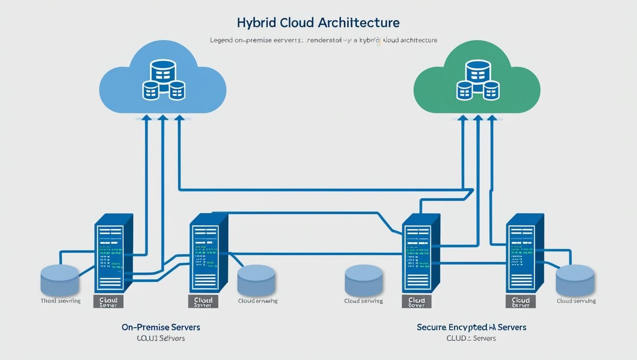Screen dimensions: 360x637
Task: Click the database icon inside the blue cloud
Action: tap(164, 80)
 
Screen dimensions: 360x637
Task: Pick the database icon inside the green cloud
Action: tap(478, 80)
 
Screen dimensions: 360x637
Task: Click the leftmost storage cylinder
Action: tap(60, 280)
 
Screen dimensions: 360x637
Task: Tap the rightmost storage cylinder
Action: tap(575, 280)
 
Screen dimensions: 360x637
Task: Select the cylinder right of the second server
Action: tap(256, 280)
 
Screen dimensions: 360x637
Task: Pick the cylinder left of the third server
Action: tap(364, 280)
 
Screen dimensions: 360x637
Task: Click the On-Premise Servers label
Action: tap(161, 327)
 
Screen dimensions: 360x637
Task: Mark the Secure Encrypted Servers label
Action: tap(471, 327)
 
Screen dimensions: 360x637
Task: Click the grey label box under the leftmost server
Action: tap(108, 301)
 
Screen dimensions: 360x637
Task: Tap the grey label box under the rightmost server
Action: tap(521, 301)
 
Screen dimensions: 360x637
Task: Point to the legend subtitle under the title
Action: tap(324, 40)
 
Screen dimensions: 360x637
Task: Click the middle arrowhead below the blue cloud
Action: tap(163, 117)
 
